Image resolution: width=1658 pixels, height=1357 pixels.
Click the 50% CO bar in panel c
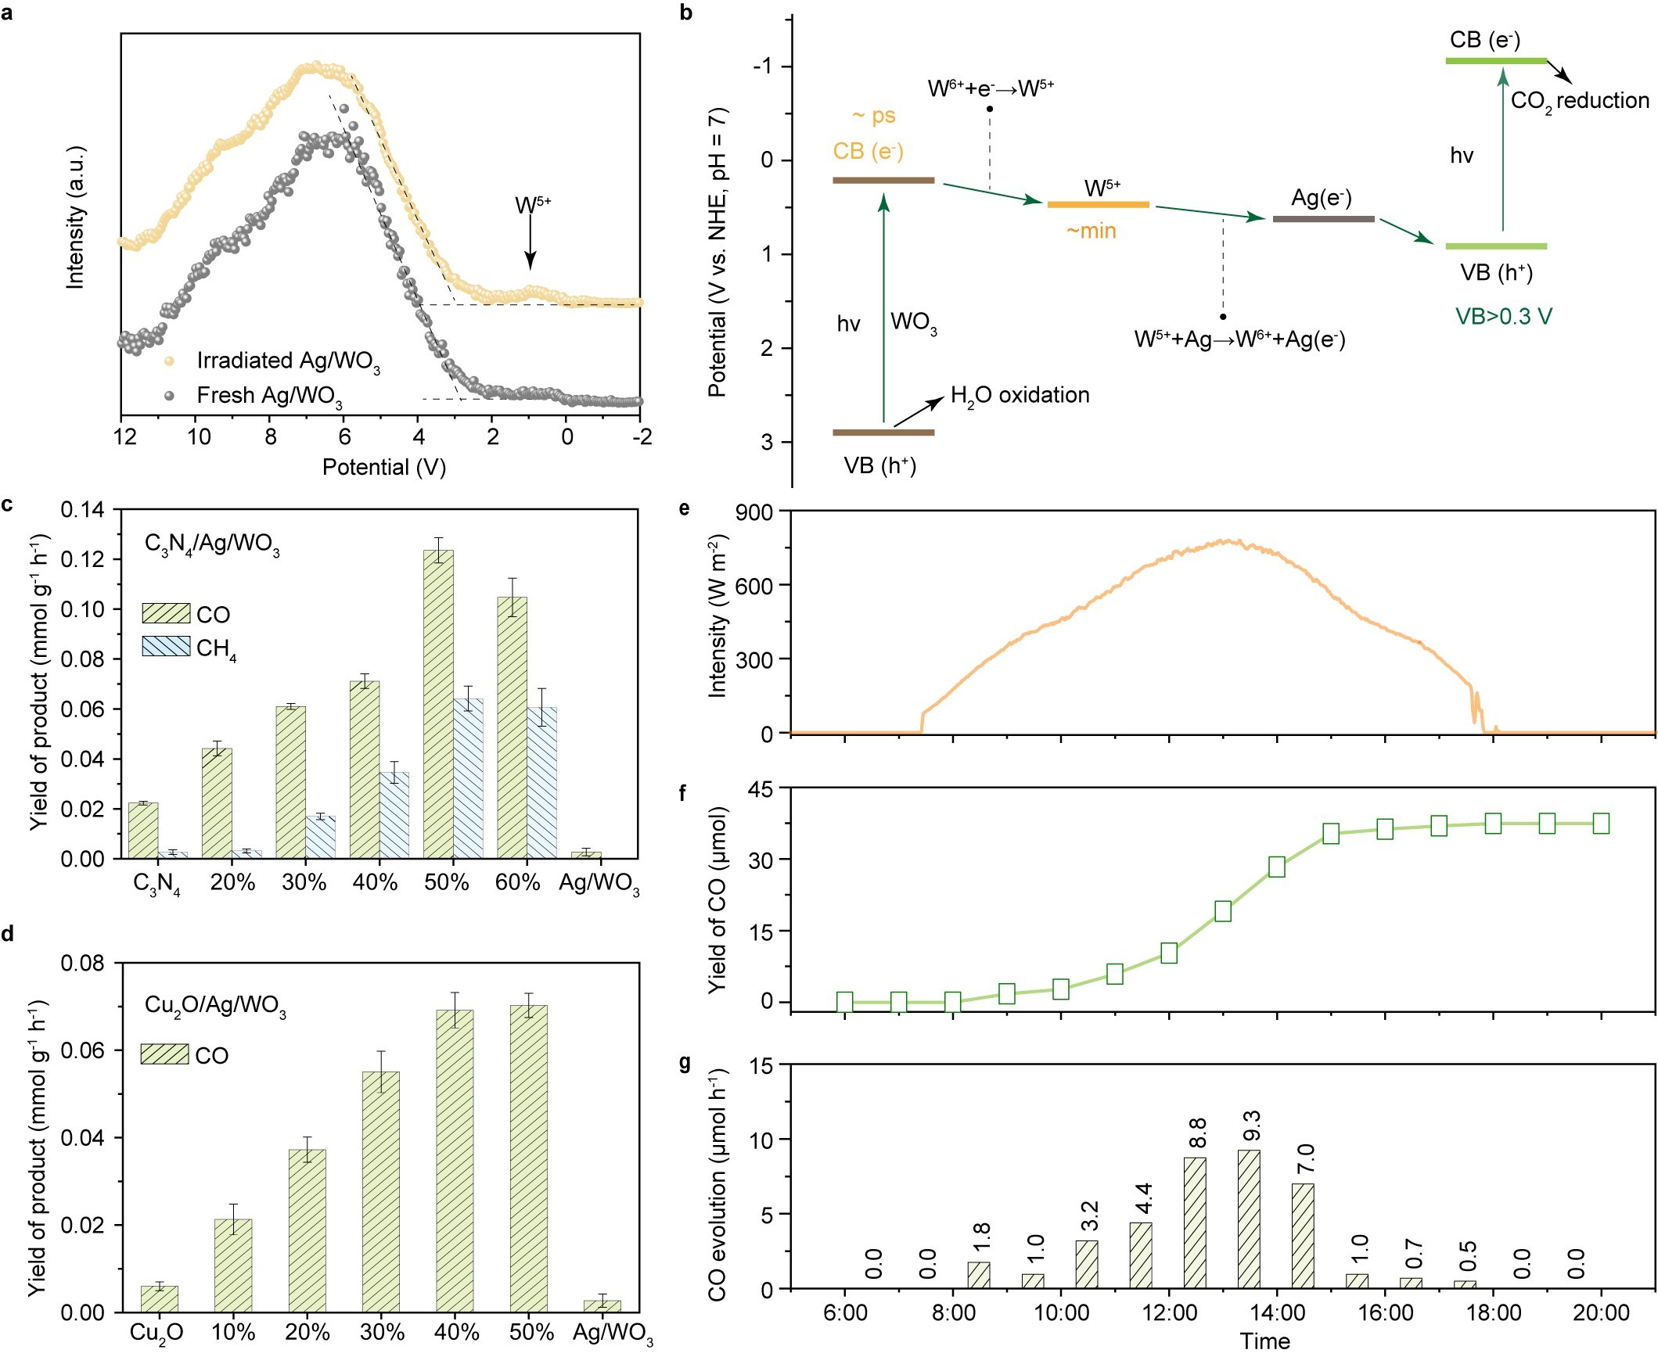438,704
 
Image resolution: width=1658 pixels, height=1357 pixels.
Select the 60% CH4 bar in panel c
541,782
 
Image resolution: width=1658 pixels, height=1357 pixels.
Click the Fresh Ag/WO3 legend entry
268,396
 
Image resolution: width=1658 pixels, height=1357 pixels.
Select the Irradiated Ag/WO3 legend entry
287,361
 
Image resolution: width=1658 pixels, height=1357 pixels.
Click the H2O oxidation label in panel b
1020,396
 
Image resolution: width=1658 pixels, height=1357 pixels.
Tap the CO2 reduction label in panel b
1579,101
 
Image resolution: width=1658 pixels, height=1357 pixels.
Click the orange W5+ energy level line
1098,205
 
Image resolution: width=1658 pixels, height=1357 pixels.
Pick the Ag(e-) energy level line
1323,219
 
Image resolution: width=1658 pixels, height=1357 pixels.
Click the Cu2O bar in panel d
160,1298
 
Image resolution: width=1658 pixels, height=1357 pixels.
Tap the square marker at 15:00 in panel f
1331,834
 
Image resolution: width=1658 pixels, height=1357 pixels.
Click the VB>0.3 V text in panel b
1503,317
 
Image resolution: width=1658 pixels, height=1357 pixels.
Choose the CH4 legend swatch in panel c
166,646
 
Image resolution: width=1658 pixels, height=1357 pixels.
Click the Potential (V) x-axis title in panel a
383,468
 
